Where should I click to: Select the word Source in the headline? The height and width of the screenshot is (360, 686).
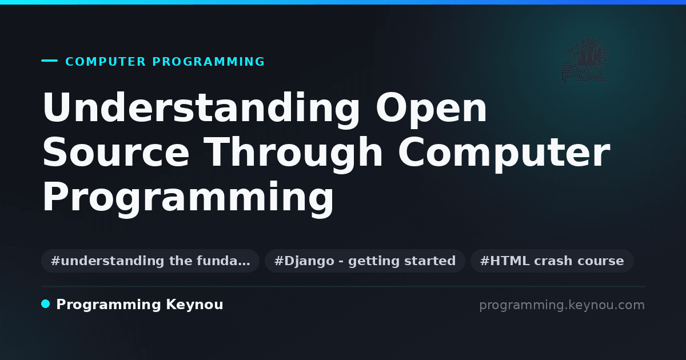pyautogui.click(x=115, y=152)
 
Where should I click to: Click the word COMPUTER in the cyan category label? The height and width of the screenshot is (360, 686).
pyautogui.click(x=106, y=62)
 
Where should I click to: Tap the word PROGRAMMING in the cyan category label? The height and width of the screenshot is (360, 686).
pyautogui.click(x=209, y=62)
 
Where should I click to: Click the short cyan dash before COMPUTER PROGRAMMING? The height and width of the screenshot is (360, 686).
pyautogui.click(x=49, y=61)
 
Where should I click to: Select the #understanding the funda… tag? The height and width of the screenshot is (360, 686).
pyautogui.click(x=150, y=261)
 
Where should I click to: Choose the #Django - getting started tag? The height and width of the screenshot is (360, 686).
pyautogui.click(x=365, y=261)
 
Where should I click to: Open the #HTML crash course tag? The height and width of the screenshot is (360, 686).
pyautogui.click(x=552, y=261)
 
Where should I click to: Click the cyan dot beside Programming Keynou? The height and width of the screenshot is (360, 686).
pyautogui.click(x=45, y=304)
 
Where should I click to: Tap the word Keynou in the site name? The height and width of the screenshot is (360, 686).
pyautogui.click(x=194, y=305)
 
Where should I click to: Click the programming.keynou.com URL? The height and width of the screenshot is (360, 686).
pyautogui.click(x=562, y=305)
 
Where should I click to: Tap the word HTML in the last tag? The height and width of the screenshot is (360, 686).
pyautogui.click(x=510, y=261)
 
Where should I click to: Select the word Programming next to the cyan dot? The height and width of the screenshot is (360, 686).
pyautogui.click(x=109, y=305)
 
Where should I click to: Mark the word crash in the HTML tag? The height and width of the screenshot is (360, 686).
pyautogui.click(x=553, y=261)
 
